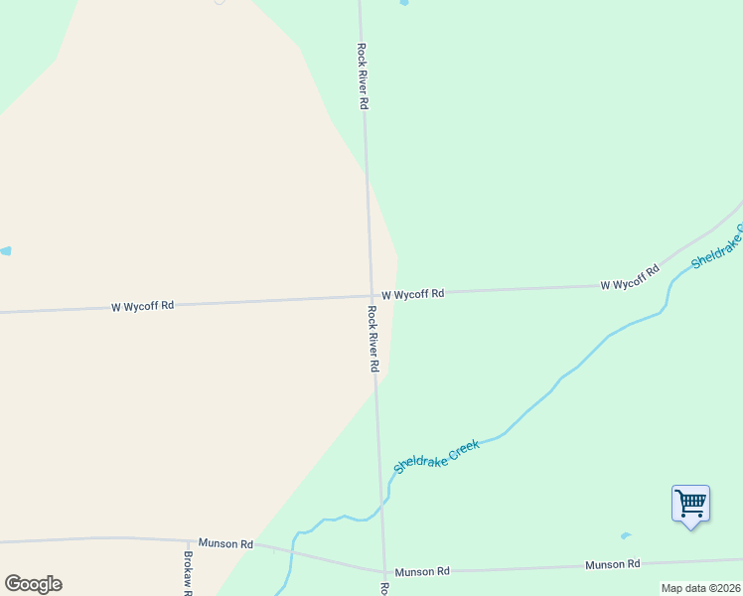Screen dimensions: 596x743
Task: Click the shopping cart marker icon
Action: point(690,504)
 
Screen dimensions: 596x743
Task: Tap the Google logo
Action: point(33,584)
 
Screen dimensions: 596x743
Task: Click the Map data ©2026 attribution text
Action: point(700,588)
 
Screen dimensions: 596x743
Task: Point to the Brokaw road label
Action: point(188,573)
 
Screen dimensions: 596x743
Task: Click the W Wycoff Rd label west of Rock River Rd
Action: point(143,306)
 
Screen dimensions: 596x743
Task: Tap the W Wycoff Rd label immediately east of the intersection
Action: point(412,294)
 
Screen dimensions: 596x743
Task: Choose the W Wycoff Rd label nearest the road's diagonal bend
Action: point(630,278)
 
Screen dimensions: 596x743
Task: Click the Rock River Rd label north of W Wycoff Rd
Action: point(364,75)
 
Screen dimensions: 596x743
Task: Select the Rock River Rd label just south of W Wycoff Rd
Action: point(373,338)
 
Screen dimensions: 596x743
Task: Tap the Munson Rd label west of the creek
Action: point(225,543)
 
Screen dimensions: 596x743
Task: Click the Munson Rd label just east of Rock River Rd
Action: point(422,571)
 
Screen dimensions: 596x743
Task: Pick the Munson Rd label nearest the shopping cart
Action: point(612,564)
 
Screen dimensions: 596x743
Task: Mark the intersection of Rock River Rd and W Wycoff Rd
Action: point(371,296)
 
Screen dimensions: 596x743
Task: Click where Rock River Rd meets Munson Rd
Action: point(384,571)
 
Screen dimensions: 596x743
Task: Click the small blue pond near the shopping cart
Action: point(625,536)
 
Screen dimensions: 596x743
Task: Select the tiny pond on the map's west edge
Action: point(5,251)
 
